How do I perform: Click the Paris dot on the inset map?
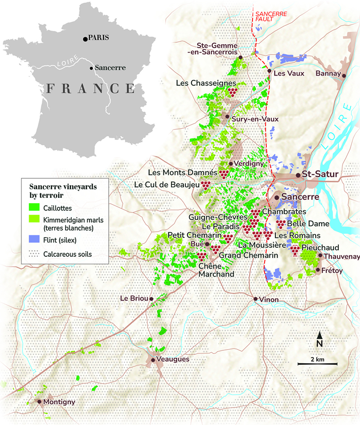85,39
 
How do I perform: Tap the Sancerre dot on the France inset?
91,68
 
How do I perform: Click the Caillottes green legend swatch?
35,208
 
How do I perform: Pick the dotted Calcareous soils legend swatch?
35,254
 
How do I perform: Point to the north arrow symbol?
319,336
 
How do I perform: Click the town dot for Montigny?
40,402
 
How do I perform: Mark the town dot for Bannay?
344,76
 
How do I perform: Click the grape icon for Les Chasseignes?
232,92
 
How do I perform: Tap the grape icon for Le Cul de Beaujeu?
205,184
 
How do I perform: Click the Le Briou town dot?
151,299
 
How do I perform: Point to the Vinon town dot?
255,299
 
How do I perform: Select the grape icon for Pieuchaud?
295,250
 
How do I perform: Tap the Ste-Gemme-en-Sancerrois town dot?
241,57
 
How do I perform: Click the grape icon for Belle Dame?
280,224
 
